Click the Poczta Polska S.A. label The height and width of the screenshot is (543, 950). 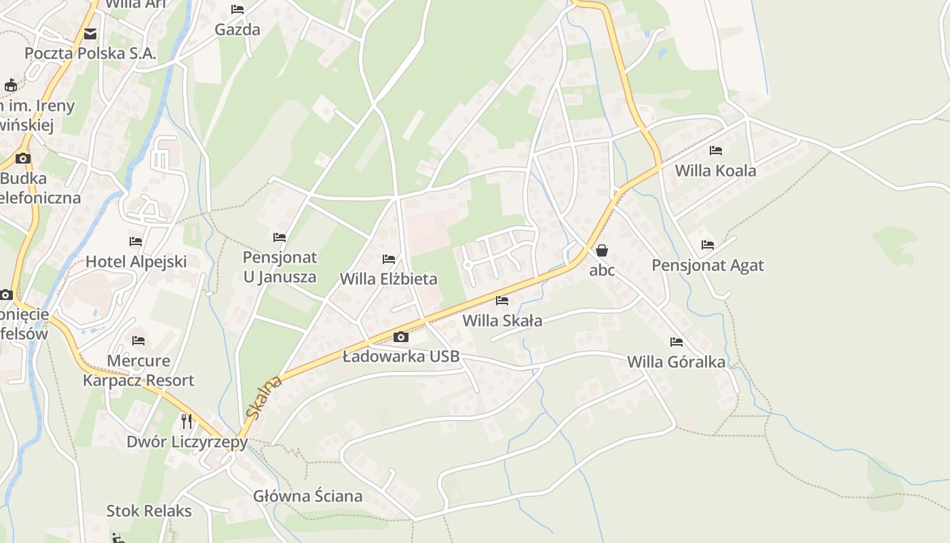(x=90, y=54)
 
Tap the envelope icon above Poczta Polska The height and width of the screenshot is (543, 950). (x=90, y=34)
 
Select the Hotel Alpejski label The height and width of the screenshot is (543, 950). (x=136, y=261)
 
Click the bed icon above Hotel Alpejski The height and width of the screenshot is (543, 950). (x=136, y=242)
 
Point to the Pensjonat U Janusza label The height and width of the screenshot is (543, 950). (x=280, y=267)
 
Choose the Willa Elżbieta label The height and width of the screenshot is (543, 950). (x=389, y=279)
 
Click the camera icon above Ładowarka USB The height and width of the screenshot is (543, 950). (x=401, y=337)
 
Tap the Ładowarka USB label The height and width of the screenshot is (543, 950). (x=401, y=356)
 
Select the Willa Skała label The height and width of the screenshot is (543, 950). (x=502, y=320)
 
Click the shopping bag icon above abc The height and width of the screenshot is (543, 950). (x=602, y=250)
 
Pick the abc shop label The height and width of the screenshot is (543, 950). (x=602, y=270)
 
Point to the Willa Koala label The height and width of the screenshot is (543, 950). (x=715, y=170)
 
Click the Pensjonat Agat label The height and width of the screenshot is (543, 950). (x=708, y=265)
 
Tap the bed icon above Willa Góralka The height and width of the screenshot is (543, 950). (x=676, y=342)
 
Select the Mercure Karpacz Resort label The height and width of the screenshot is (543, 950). (x=138, y=371)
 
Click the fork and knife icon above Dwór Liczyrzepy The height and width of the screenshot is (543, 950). (x=187, y=422)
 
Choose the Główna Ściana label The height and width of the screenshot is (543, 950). (x=308, y=496)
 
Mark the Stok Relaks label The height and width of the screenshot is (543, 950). (x=149, y=511)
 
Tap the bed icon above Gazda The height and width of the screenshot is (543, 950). (x=237, y=10)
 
